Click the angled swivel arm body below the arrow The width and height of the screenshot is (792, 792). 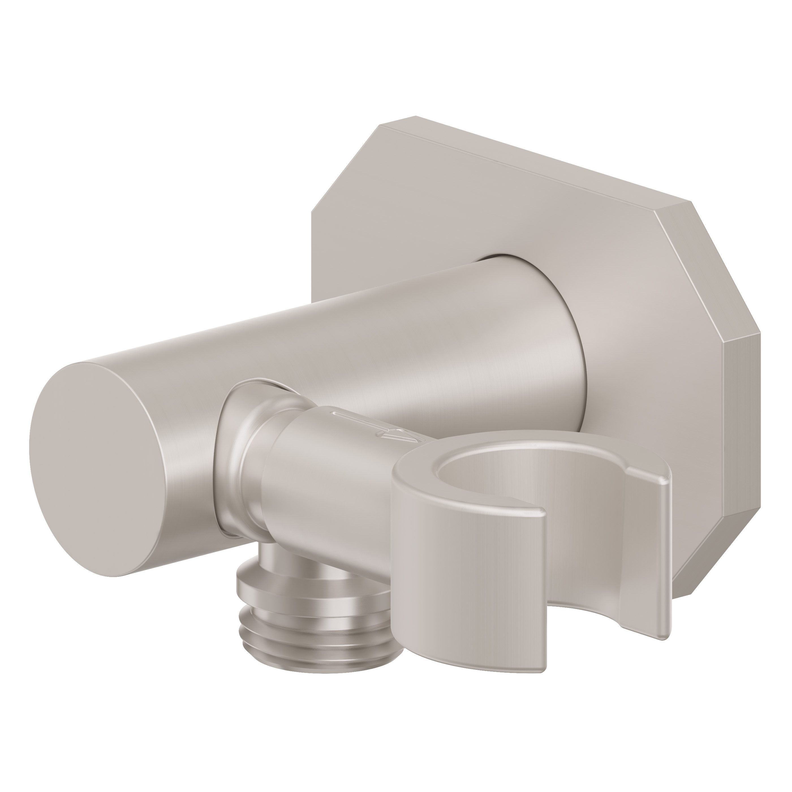coord(328,484)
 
